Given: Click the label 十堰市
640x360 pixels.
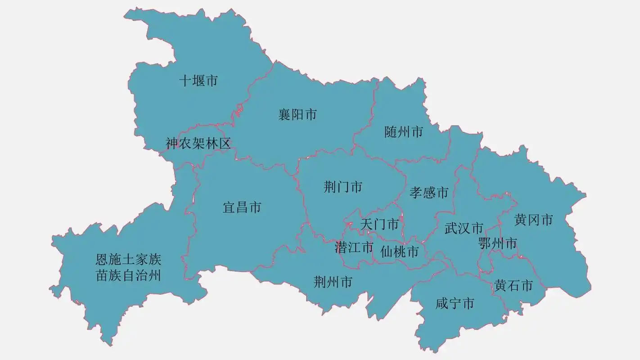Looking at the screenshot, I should pyautogui.click(x=198, y=81).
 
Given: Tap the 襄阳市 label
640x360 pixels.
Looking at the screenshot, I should pyautogui.click(x=297, y=115).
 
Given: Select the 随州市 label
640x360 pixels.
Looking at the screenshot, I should pyautogui.click(x=404, y=132).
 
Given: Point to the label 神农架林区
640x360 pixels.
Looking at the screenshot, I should pyautogui.click(x=198, y=144).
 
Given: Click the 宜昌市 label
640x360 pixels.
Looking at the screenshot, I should pyautogui.click(x=242, y=208).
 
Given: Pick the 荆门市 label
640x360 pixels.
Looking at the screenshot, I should pyautogui.click(x=343, y=187).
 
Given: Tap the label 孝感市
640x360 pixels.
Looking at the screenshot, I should pyautogui.click(x=429, y=193).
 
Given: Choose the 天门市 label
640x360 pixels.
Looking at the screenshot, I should pyautogui.click(x=379, y=224).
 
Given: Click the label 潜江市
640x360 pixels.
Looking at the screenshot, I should pyautogui.click(x=354, y=247).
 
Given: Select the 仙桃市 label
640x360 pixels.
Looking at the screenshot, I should pyautogui.click(x=399, y=252).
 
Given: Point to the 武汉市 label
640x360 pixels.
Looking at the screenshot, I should pyautogui.click(x=464, y=228).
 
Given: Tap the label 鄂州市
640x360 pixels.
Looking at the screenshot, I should pyautogui.click(x=497, y=244).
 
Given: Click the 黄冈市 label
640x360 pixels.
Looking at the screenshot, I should pyautogui.click(x=533, y=220).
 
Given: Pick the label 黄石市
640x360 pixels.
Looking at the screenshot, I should pyautogui.click(x=514, y=286).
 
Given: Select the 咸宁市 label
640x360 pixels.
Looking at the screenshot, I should pyautogui.click(x=455, y=304).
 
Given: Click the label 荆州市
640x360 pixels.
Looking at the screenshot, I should pyautogui.click(x=333, y=283).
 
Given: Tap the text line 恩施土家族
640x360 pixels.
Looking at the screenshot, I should pyautogui.click(x=128, y=260).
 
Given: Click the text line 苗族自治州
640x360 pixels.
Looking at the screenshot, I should pyautogui.click(x=128, y=275).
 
